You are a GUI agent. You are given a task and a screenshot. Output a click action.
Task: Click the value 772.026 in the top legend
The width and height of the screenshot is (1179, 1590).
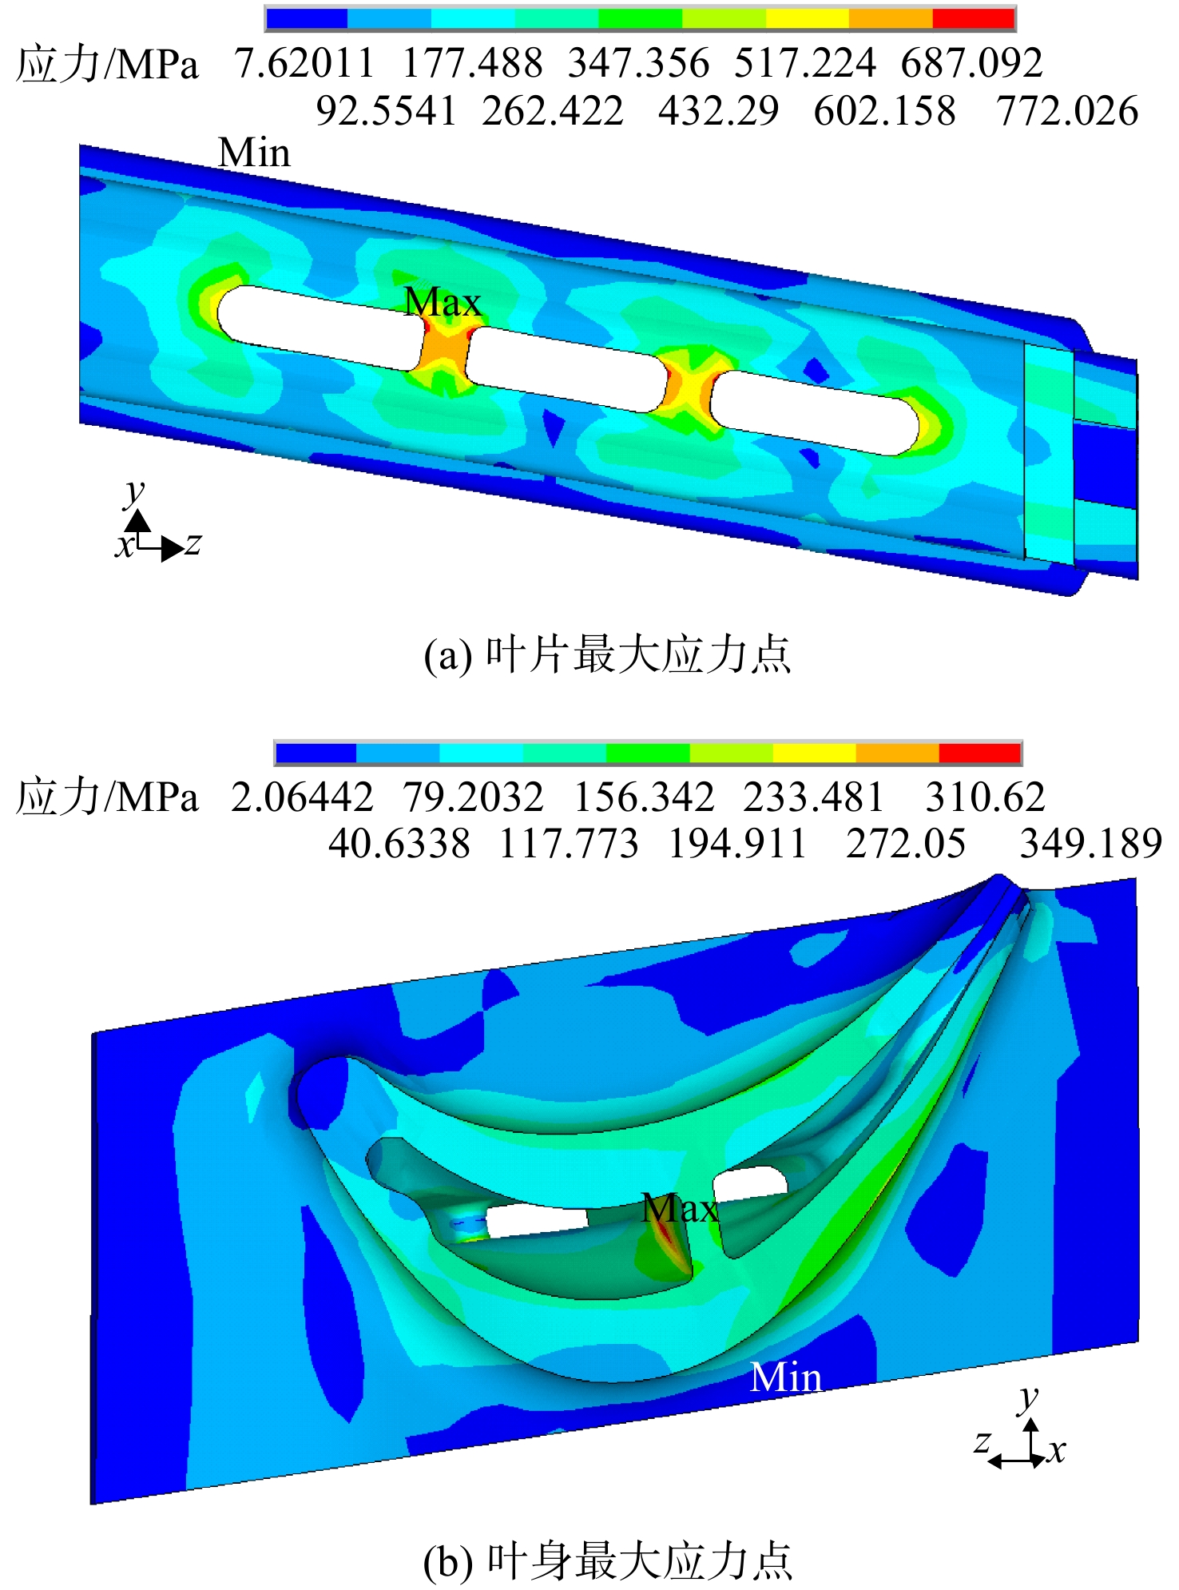pos(1067,110)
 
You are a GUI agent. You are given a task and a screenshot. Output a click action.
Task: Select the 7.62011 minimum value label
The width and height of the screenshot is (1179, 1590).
pos(304,63)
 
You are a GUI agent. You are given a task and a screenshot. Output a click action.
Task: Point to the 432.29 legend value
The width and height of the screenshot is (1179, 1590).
pos(718,110)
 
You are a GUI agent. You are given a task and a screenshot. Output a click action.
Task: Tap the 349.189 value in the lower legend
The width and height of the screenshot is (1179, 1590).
pos(1091,844)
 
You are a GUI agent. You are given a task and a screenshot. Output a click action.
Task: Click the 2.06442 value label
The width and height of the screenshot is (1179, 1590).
pos(302,797)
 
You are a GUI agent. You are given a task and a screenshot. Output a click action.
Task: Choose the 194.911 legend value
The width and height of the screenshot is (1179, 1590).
pos(737,844)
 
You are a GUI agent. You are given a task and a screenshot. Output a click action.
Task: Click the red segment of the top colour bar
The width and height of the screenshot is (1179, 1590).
pos(974,18)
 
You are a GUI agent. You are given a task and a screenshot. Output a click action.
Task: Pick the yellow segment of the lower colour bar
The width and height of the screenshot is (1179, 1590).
pos(814,753)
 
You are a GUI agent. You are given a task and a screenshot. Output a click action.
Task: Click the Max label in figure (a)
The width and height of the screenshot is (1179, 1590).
pos(443,302)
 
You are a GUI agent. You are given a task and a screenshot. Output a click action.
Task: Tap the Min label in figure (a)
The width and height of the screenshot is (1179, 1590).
pos(254,152)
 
